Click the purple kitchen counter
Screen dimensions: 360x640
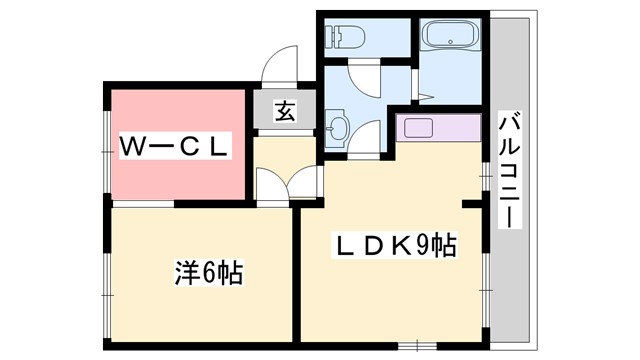tap(437, 128)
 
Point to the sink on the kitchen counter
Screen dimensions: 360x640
tap(417, 128)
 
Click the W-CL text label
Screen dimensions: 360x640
tap(176, 146)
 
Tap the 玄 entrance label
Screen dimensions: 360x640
tap(285, 112)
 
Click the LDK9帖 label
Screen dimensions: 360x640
tap(396, 244)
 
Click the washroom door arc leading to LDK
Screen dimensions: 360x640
tap(366, 137)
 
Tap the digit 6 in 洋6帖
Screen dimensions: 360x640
tap(207, 272)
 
